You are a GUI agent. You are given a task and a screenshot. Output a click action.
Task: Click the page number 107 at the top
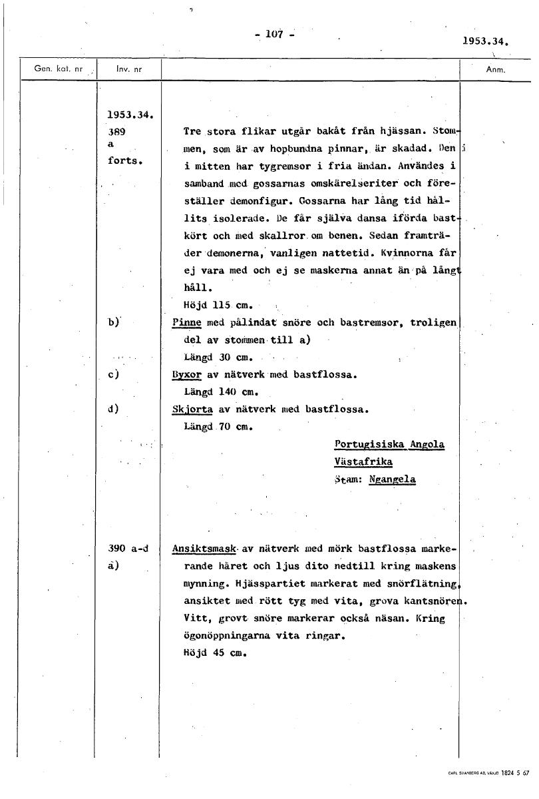tap(274, 34)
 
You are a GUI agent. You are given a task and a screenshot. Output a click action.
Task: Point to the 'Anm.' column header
tap(496, 69)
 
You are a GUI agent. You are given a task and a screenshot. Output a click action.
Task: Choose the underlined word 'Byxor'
tap(186, 374)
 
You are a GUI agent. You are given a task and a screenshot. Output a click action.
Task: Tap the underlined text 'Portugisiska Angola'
tap(389, 444)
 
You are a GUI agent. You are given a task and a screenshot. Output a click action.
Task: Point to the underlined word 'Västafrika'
tap(363, 461)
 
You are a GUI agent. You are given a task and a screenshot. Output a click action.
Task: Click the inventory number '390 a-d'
tap(127, 549)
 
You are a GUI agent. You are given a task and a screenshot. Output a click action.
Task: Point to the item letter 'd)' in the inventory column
tap(112, 409)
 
